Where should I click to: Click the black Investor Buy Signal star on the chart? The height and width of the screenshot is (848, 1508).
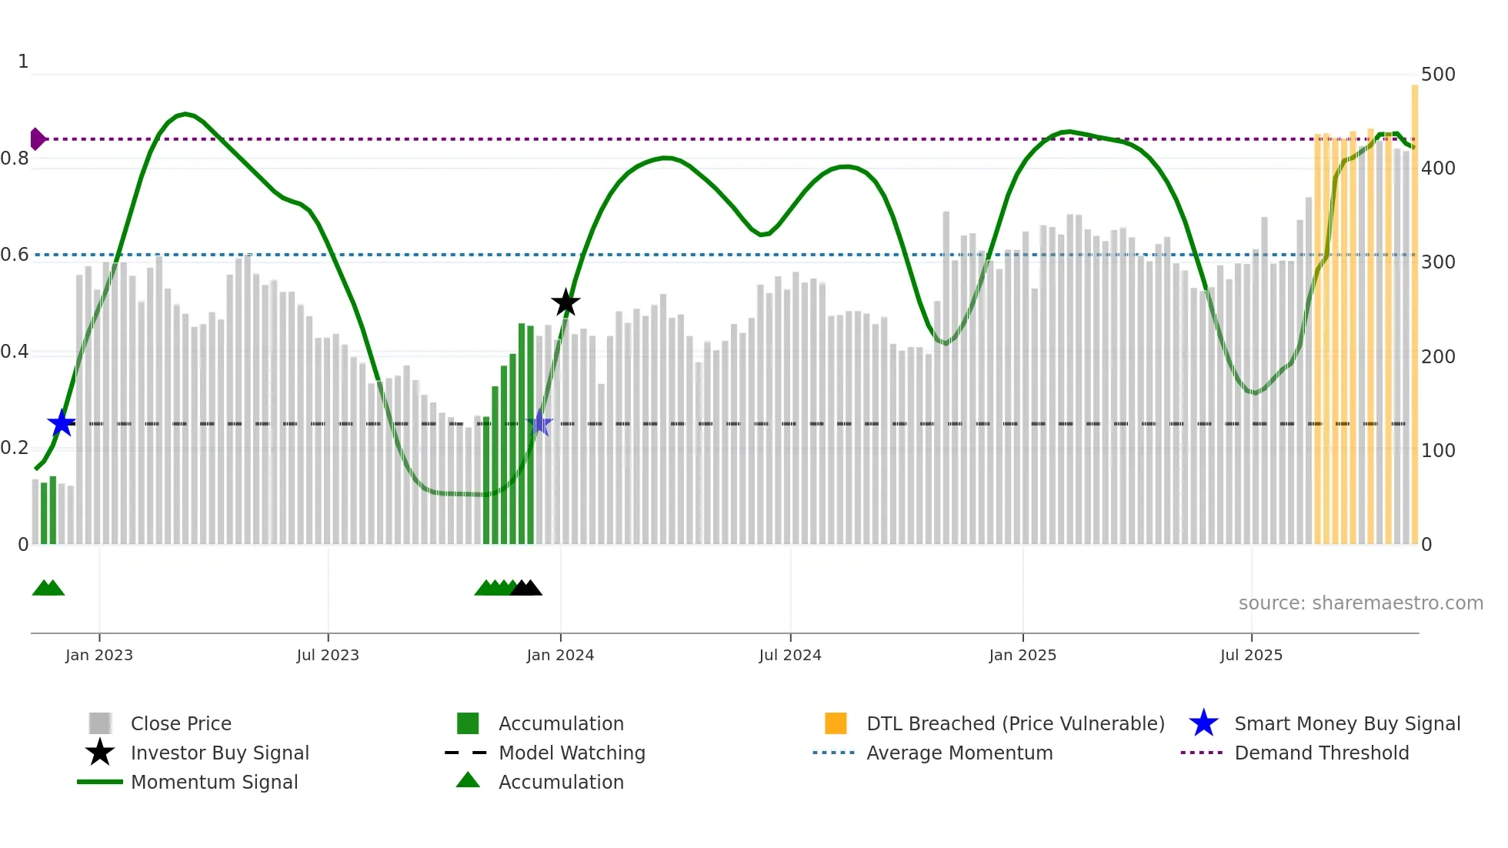(565, 302)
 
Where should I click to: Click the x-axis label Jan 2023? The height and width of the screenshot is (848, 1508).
(99, 655)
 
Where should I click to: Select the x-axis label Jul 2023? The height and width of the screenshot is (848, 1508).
(328, 655)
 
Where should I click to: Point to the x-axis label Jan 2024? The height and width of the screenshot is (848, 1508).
(560, 655)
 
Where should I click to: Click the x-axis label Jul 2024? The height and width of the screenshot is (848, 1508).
(790, 655)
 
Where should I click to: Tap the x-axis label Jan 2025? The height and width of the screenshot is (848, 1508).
(1023, 655)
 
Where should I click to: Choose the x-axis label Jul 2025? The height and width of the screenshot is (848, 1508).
(1251, 655)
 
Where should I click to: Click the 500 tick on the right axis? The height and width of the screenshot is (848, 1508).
(1438, 75)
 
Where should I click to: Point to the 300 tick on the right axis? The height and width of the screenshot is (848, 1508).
(1438, 262)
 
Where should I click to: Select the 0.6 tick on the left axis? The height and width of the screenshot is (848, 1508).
(15, 255)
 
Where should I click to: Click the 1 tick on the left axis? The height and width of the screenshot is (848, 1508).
(23, 62)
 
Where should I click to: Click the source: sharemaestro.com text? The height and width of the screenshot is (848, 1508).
(1360, 603)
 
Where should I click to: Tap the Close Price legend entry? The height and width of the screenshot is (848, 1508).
(181, 723)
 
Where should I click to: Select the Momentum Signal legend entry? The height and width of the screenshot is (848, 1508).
(214, 782)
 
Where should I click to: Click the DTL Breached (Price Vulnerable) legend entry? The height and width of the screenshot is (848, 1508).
(1015, 723)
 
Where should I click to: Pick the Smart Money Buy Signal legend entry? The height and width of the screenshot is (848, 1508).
(1346, 723)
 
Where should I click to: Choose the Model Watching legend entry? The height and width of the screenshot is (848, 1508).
(572, 753)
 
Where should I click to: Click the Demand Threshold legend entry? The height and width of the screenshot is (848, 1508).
(1321, 753)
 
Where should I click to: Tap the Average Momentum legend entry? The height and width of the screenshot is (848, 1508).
(959, 753)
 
